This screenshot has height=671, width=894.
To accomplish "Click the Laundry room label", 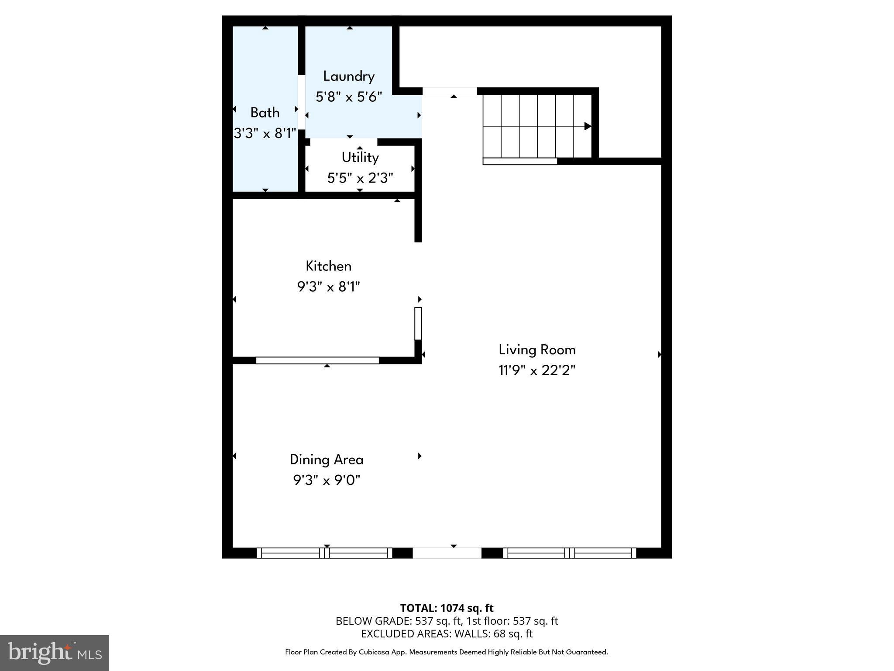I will (x=349, y=76).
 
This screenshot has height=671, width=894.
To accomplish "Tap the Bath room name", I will (x=265, y=113).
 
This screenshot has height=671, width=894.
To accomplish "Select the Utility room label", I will (x=360, y=157).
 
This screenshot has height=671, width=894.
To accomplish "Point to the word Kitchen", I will (x=328, y=266).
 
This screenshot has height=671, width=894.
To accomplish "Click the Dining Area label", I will (x=327, y=460).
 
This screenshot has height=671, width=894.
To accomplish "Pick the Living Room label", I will (x=537, y=350).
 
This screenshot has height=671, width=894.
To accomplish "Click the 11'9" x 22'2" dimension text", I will (x=537, y=371).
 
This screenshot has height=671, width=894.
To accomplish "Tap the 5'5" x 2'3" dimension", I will (x=360, y=178).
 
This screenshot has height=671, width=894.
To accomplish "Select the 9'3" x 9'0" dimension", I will (x=327, y=481).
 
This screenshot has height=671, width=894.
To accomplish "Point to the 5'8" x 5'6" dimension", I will (x=349, y=97).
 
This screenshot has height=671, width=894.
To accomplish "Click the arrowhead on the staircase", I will (x=588, y=126).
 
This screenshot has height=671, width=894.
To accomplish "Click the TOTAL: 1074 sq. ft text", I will (x=447, y=608).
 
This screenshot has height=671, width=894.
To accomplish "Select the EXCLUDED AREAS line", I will (x=447, y=633).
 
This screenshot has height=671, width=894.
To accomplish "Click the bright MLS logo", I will (x=55, y=653).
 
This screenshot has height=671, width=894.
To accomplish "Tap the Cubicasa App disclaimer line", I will (x=447, y=652).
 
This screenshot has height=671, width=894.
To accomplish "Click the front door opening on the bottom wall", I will (x=447, y=553).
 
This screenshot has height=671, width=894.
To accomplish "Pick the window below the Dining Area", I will (x=324, y=553).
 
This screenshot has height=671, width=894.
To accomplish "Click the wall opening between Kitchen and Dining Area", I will (x=317, y=360).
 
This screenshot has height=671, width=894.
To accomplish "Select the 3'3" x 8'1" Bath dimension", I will (x=265, y=134).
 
